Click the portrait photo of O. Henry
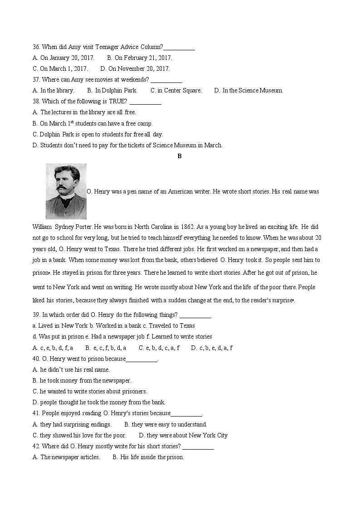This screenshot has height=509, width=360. click(66, 191)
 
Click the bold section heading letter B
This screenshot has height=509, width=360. click(180, 156)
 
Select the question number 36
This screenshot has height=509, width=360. click(36, 47)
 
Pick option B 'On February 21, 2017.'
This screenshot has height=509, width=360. click(140, 58)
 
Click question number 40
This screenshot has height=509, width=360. click(36, 359)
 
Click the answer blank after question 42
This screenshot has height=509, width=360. click(198, 446)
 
